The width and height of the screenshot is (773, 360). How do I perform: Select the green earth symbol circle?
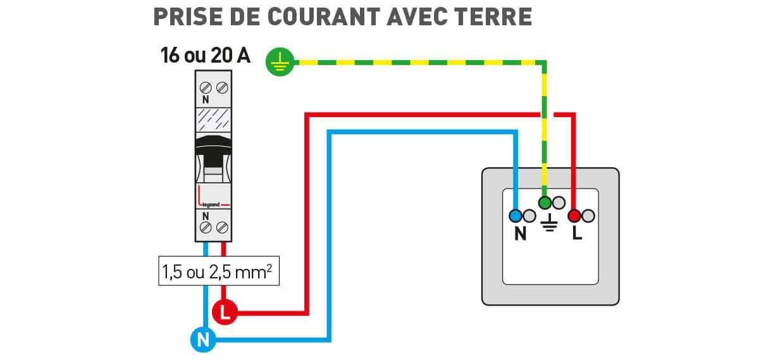pos(280,61)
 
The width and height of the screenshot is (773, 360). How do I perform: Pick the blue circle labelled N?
pos(203,340)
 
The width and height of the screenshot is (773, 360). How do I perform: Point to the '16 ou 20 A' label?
pos(206,56)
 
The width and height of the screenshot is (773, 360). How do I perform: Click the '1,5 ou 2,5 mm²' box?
pos(218,272)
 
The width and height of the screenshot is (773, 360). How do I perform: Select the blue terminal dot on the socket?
pos(516,216)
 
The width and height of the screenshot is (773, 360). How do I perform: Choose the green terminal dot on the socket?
pos(545,203)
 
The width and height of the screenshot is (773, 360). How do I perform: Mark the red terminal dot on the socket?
pos(574,216)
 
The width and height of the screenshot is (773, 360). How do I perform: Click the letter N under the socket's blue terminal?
pos(521,234)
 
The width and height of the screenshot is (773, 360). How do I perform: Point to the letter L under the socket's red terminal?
pos(576,234)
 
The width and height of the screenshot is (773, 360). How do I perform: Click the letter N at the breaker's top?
pos(206,100)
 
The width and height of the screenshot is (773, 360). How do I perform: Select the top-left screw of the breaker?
pos(206,87)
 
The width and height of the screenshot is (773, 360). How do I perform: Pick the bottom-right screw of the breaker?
pos(222,227)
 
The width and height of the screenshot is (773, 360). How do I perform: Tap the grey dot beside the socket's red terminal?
pos(588,216)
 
